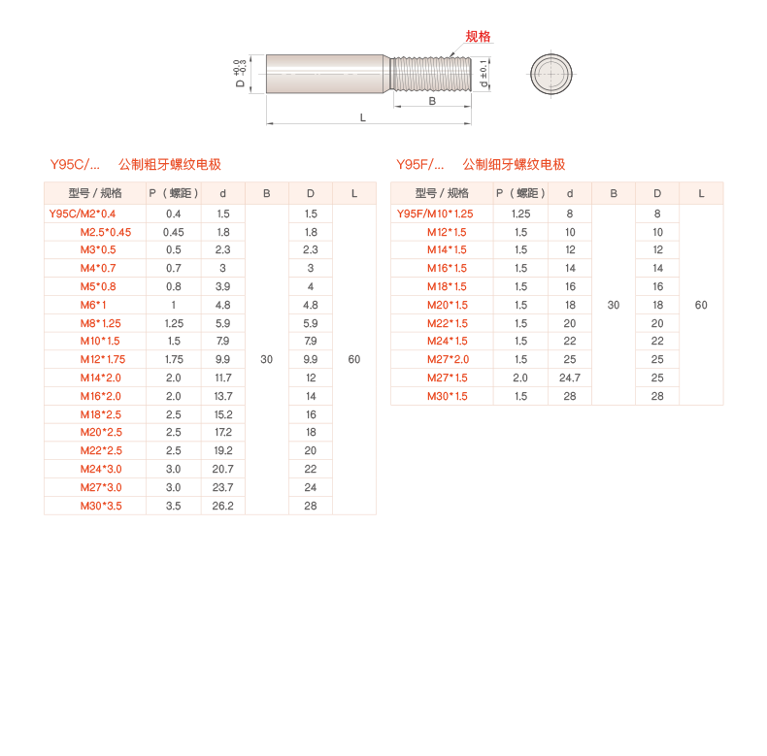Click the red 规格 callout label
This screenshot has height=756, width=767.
pos(478,37)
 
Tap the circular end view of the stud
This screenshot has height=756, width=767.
pos(552,74)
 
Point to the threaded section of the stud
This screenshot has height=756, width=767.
pos(432,74)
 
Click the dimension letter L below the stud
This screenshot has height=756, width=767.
pos(363,117)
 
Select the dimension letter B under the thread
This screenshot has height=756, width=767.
pos(432,100)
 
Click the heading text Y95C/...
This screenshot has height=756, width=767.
pos(75,165)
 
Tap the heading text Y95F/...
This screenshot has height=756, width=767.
pos(420,165)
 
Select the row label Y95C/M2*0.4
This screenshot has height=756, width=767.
pos(83,214)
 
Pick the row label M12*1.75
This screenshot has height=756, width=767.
pos(103,359)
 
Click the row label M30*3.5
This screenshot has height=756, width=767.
pos(101,506)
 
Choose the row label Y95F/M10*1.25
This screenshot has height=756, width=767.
pos(435,214)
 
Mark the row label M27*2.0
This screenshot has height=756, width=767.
pos(448,359)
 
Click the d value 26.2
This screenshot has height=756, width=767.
pos(223,506)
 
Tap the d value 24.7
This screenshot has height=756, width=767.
pos(570,378)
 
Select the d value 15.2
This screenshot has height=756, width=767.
pos(223,414)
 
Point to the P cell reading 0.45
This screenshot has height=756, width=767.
pos(174,232)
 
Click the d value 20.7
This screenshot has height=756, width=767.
pos(223,469)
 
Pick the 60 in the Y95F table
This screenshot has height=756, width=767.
pos(701,305)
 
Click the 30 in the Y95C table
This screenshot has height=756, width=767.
pos(267,359)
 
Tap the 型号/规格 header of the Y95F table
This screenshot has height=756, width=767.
pos(442,193)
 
